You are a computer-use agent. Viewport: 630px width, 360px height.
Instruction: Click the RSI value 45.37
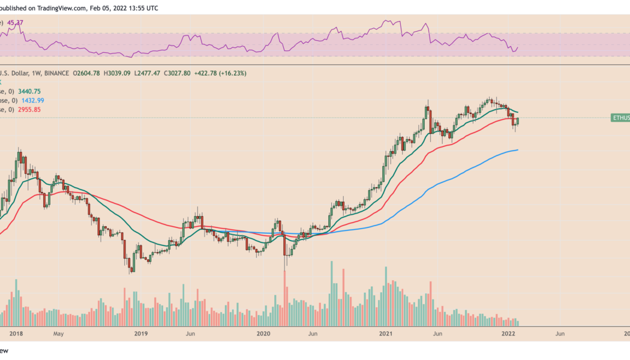15,23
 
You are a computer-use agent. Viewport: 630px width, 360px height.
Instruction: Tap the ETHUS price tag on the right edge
620,118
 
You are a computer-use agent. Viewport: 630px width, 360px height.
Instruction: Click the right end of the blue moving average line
517,150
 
